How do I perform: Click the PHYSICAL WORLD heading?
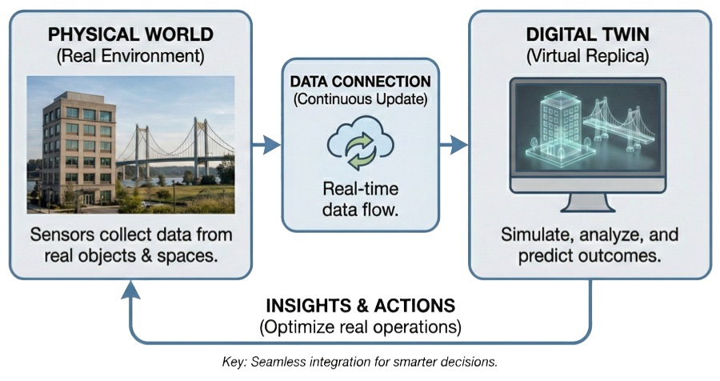click(x=130, y=35)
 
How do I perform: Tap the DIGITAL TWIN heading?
click(x=588, y=35)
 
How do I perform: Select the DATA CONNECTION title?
click(x=360, y=82)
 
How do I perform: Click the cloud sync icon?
click(x=359, y=145)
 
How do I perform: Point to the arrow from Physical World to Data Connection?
click(x=266, y=145)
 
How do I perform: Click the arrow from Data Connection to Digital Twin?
click(x=454, y=145)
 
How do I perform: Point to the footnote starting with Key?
click(x=360, y=362)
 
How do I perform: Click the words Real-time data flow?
click(x=359, y=199)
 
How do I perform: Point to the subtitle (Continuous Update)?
click(x=360, y=101)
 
